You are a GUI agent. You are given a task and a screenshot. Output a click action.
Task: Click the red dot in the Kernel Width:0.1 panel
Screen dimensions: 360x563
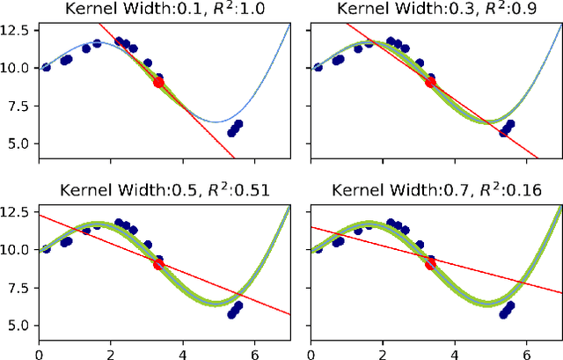[x=158, y=82]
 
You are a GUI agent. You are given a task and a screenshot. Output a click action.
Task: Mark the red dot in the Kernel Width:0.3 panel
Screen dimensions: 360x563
[x=430, y=82]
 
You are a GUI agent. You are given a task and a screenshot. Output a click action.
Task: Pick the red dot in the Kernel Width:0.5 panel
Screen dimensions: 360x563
[x=158, y=264]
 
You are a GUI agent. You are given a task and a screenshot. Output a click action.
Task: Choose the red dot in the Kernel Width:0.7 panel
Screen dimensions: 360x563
[x=430, y=264]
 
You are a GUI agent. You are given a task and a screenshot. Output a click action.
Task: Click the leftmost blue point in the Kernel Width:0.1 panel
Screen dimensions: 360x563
[x=46, y=68]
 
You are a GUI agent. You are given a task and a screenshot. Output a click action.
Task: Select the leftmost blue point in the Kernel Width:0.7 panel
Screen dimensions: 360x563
[x=318, y=249]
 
